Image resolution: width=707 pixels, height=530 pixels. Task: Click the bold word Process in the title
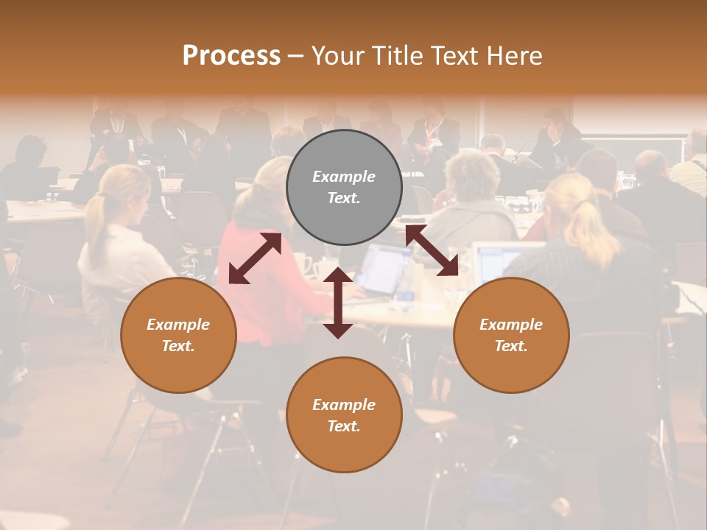[x=231, y=56]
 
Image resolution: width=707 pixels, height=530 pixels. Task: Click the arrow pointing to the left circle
[x=255, y=258]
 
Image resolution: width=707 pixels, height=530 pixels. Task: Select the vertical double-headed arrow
[x=338, y=303]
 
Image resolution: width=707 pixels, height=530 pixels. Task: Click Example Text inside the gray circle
[x=344, y=187]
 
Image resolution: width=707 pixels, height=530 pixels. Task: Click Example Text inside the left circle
[x=178, y=335]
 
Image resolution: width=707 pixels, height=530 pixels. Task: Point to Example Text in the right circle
[x=511, y=335]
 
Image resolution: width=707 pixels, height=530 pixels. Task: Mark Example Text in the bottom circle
[x=344, y=415]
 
